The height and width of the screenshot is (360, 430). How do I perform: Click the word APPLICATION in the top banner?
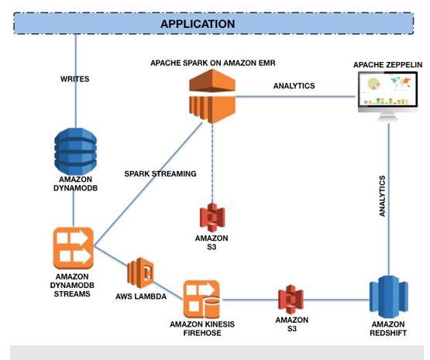198,24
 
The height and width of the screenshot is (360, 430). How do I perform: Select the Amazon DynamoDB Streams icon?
74,249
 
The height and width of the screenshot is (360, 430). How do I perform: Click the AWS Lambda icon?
141,273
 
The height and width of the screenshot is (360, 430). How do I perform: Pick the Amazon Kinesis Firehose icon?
201,299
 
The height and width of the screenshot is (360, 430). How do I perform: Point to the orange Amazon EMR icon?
212,96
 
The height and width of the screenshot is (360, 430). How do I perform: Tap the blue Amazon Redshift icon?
389,298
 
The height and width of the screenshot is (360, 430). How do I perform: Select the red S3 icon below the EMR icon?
212,218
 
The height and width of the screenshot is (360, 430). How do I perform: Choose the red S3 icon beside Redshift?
291,300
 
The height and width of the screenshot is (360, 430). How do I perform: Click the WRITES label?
74,79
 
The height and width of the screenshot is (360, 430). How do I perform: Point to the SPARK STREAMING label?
160,173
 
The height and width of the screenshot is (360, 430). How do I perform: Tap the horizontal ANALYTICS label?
294,86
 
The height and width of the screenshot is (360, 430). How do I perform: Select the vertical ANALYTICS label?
382,196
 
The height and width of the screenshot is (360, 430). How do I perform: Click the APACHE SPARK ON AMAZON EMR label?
213,63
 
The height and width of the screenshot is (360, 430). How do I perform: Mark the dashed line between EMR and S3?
212,163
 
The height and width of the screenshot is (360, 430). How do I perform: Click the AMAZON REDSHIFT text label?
388,328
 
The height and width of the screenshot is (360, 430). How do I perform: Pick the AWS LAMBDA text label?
141,297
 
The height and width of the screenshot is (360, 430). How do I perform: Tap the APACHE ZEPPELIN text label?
387,65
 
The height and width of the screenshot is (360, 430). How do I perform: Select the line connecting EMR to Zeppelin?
296,97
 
